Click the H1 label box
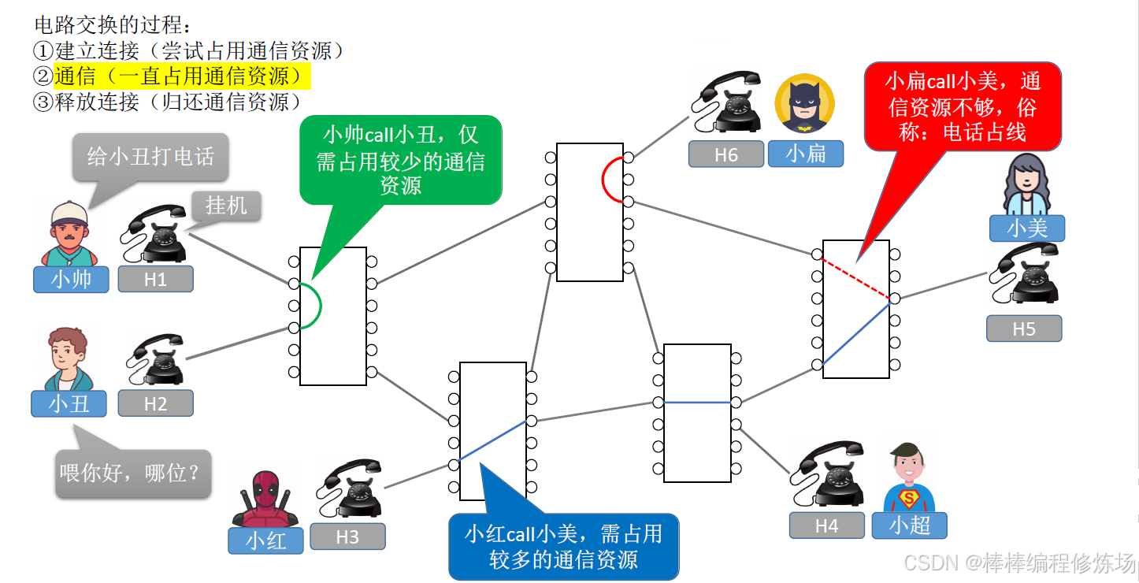point(155,279)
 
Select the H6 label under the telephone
point(725,154)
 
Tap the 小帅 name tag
point(71,279)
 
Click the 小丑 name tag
point(69,403)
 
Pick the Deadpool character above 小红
point(266,497)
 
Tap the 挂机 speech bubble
point(226,206)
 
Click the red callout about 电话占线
point(963,107)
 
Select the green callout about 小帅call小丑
point(400,160)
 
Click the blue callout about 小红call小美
point(563,547)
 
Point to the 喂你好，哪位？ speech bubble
point(133,473)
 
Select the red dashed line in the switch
point(855,277)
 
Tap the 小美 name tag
point(1027,228)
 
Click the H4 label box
point(826,525)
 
